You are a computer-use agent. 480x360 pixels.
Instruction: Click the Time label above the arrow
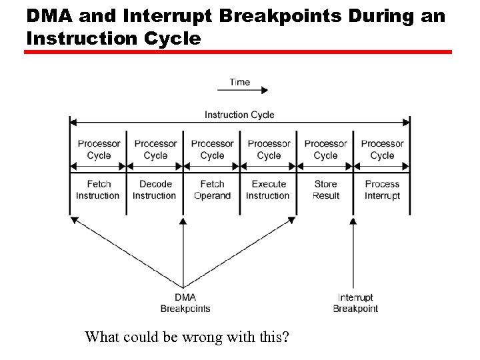tap(239, 82)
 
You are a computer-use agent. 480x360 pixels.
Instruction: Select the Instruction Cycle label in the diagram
tap(239, 115)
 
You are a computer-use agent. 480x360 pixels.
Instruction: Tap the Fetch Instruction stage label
tap(98, 190)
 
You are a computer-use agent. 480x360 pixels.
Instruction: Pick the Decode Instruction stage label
tap(155, 190)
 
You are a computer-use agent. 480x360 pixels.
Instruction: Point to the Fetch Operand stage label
tap(212, 190)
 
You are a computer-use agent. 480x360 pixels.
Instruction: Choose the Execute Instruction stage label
tap(269, 190)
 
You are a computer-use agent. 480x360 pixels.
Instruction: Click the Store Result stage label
tap(326, 190)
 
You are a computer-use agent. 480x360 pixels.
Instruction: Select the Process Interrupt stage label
tap(382, 190)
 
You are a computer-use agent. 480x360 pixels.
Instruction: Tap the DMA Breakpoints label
tap(185, 303)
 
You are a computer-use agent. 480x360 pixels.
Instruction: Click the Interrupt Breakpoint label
tap(355, 303)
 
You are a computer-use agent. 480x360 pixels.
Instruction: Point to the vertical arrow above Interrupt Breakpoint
tap(353, 253)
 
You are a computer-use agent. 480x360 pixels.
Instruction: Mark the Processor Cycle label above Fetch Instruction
tap(99, 149)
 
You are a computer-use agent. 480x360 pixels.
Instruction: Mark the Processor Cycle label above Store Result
tap(326, 149)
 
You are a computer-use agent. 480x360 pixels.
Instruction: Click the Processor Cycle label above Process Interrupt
tap(382, 149)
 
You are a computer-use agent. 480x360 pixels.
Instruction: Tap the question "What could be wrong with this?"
tap(187, 337)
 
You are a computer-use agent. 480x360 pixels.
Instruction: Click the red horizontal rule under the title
tap(238, 52)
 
